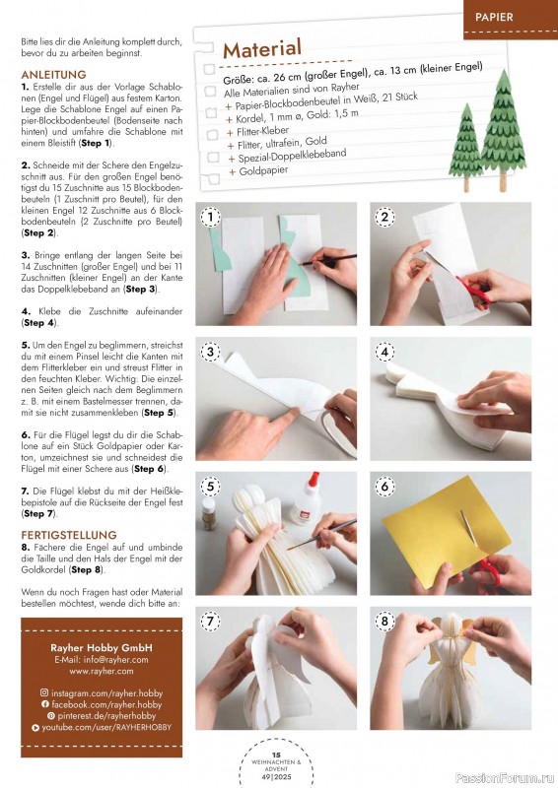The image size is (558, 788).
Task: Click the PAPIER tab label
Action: [x=494, y=17]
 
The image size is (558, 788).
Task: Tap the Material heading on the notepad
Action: [x=262, y=48]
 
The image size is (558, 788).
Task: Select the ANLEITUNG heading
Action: [x=54, y=75]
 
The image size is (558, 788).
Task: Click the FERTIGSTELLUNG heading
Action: [x=69, y=535]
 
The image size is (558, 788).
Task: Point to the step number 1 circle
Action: [x=210, y=217]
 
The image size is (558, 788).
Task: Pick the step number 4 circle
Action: [x=384, y=352]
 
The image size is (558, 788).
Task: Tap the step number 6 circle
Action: [x=384, y=486]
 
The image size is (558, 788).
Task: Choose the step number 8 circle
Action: [x=384, y=621]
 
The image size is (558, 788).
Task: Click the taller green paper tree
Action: [x=503, y=130]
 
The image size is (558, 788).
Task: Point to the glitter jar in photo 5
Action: [x=208, y=513]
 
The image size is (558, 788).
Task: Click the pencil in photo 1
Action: [x=328, y=259]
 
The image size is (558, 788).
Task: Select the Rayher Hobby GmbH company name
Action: [x=102, y=648]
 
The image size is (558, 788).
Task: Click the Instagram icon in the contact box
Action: [x=44, y=692]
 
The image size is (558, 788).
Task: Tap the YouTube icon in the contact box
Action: [x=35, y=727]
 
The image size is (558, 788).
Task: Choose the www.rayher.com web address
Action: [x=102, y=671]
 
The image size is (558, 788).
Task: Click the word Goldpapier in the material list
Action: [x=263, y=170]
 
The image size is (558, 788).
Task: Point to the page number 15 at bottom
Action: [x=276, y=755]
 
